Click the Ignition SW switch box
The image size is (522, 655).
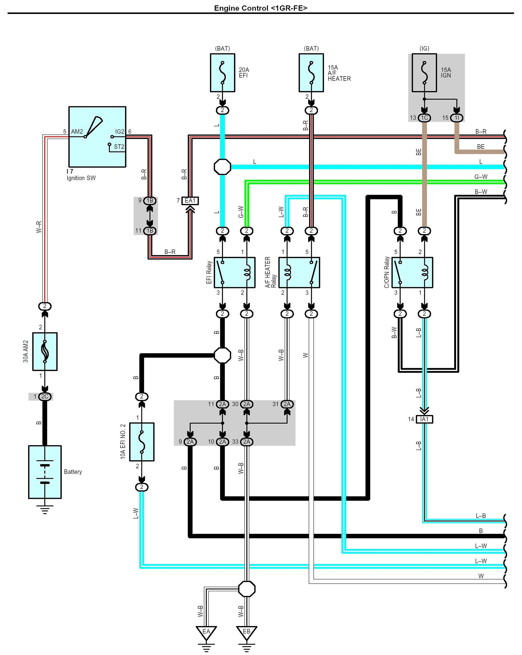(97, 137)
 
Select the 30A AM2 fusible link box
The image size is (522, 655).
(45, 352)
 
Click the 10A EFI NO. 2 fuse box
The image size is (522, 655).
(142, 442)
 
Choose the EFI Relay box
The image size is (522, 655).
(235, 273)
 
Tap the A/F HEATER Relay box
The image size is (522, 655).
(299, 273)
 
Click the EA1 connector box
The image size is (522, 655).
(190, 200)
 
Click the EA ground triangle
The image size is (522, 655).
(206, 633)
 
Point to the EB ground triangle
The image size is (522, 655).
(246, 633)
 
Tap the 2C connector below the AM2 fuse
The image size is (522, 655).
(45, 397)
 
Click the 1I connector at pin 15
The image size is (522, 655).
(456, 118)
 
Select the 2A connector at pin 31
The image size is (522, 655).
(287, 404)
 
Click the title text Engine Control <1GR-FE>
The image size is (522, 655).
(261, 8)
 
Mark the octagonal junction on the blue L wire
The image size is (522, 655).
(222, 167)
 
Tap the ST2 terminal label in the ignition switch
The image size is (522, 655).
(119, 147)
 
